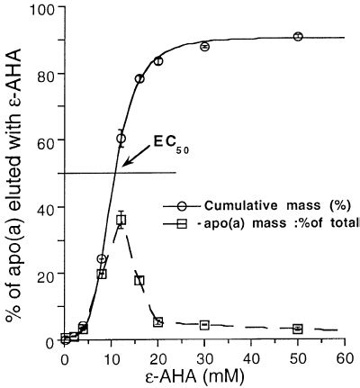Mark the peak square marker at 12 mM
(121, 220)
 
